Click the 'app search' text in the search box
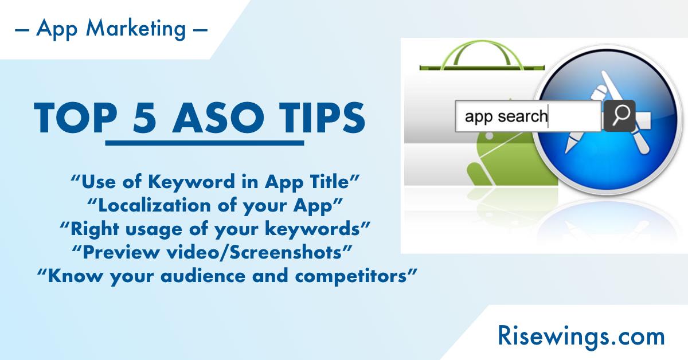506,116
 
